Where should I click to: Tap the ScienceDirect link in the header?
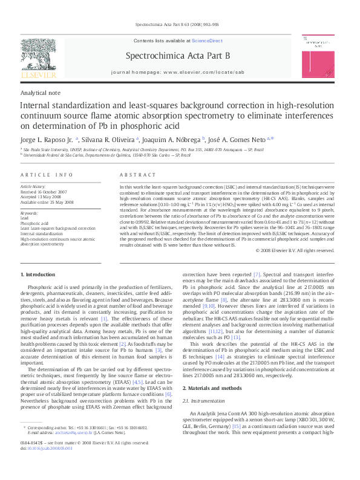click(x=207, y=41)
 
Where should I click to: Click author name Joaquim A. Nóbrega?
click(x=174, y=139)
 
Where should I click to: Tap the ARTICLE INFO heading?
click(x=47, y=175)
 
